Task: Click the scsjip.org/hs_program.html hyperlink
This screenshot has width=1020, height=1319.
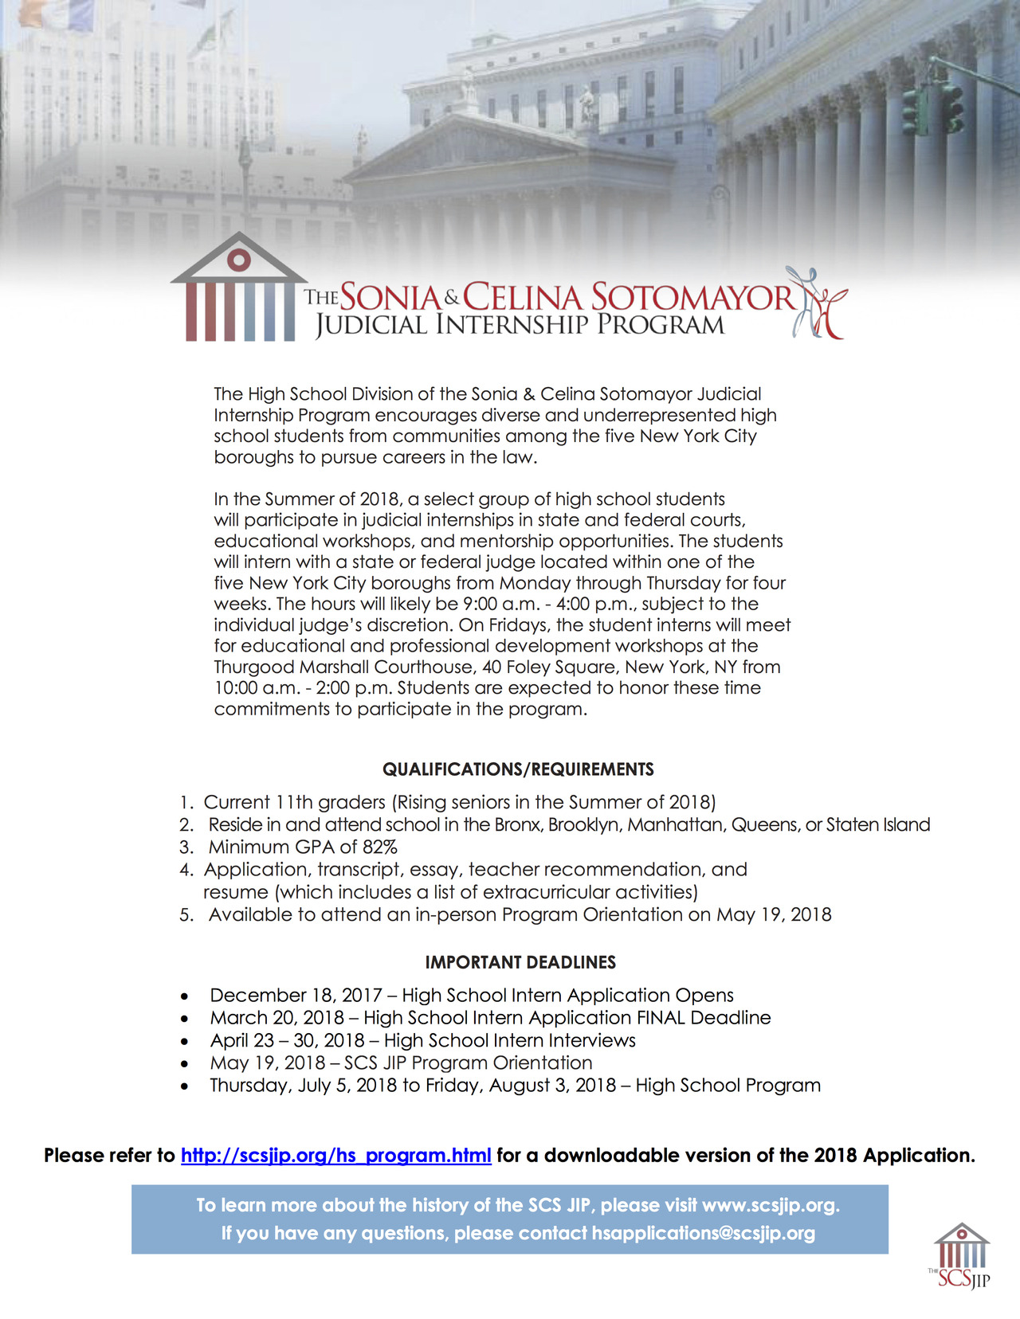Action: click(x=335, y=1156)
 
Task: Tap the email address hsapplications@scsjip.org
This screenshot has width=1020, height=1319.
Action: click(x=703, y=1234)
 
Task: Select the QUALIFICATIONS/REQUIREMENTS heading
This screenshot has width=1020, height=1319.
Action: click(x=518, y=769)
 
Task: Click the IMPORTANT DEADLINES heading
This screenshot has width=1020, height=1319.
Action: click(x=520, y=962)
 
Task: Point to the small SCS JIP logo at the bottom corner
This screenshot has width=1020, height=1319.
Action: click(x=961, y=1256)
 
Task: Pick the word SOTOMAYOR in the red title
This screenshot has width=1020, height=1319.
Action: click(x=692, y=298)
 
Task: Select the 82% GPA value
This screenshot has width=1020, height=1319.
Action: click(x=379, y=847)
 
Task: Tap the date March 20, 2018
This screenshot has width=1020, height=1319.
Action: click(x=277, y=1018)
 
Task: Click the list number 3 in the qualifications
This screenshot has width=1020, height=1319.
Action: click(x=186, y=847)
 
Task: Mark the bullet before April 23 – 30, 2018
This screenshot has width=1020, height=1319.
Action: click(x=185, y=1041)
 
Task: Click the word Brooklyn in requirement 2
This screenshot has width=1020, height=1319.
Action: click(x=584, y=825)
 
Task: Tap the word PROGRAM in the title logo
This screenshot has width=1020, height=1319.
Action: click(x=661, y=325)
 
